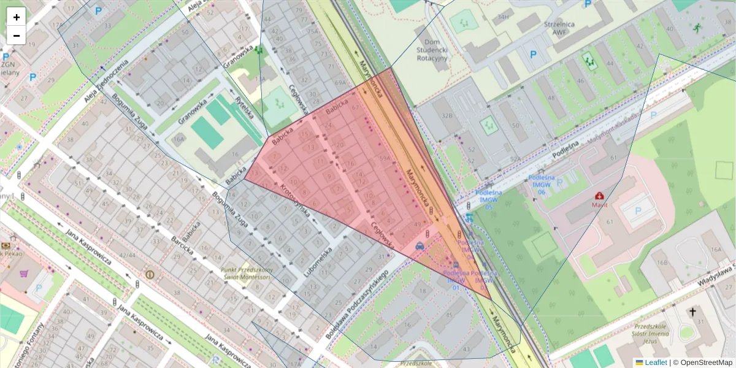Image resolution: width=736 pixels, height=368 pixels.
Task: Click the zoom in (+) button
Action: point(17,17)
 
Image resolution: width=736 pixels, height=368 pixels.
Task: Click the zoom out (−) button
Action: point(17,36)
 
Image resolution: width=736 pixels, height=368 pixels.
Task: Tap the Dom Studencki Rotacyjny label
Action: point(432,48)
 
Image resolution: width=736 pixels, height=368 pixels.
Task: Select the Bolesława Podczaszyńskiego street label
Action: point(359,299)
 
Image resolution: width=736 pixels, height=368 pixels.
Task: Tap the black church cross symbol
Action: point(693,312)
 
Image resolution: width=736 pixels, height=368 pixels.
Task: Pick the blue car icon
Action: point(420,246)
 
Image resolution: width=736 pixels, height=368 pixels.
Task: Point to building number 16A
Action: point(715,249)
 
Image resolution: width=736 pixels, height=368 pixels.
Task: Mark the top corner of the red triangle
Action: point(391,67)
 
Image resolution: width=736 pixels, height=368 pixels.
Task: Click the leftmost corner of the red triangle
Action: point(245,180)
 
